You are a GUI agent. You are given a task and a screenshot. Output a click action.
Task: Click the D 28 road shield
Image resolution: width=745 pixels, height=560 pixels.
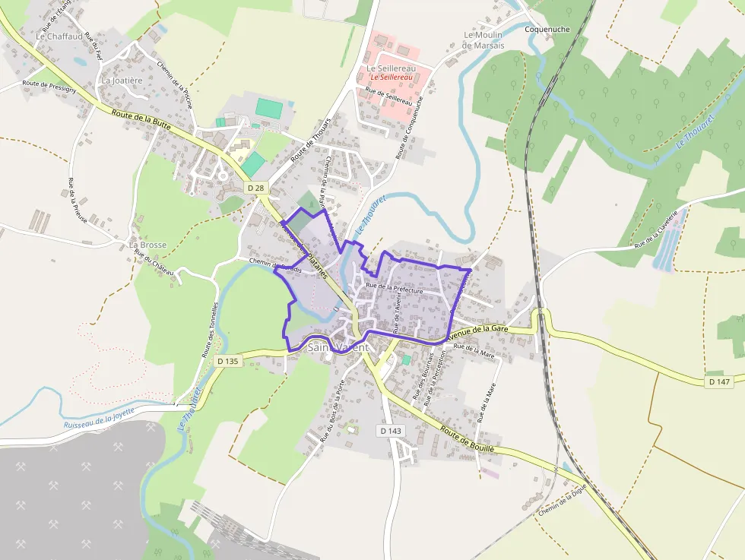(x=255, y=187)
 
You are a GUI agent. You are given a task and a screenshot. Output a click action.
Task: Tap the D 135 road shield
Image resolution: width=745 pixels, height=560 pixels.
(x=228, y=361)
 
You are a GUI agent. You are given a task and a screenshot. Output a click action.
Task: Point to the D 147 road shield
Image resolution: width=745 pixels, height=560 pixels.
(x=718, y=381)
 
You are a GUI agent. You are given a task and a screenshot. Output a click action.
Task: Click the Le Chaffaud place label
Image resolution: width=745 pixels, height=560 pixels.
(x=59, y=36)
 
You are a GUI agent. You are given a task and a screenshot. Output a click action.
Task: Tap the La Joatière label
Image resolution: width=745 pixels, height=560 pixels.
(x=122, y=80)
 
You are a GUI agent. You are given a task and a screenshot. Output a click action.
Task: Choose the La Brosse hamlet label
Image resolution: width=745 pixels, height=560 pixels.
(x=147, y=245)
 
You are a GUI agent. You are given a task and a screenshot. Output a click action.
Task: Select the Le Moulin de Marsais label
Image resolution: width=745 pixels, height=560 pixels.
(x=483, y=40)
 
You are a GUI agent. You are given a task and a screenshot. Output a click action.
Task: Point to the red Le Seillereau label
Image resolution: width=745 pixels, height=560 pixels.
(x=392, y=78)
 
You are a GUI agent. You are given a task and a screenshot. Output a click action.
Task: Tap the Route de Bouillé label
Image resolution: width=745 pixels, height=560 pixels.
(x=468, y=440)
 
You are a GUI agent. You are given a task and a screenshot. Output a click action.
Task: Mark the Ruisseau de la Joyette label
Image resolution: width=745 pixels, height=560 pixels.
(x=99, y=416)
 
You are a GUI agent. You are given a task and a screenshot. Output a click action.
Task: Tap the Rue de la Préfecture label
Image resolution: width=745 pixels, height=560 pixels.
(x=394, y=288)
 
